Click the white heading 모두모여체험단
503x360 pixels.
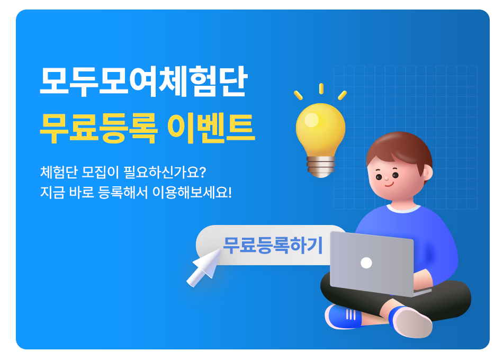pyautogui.click(x=143, y=81)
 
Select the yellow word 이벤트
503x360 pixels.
pyautogui.click(x=211, y=128)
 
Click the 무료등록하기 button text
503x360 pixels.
pyautogui.click(x=273, y=246)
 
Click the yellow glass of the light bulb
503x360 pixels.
pyautogui.click(x=320, y=128)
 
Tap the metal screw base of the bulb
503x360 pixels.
pyautogui.click(x=321, y=166)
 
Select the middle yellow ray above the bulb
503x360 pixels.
pyautogui.click(x=321, y=88)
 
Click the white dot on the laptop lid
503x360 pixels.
pyautogui.click(x=366, y=263)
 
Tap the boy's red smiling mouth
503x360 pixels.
pyautogui.click(x=389, y=184)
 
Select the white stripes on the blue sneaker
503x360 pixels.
pyautogui.click(x=351, y=314)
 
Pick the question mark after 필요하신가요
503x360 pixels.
pyautogui.click(x=202, y=172)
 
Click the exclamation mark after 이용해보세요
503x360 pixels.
pyautogui.click(x=229, y=193)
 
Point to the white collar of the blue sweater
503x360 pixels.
pyautogui.click(x=403, y=208)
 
